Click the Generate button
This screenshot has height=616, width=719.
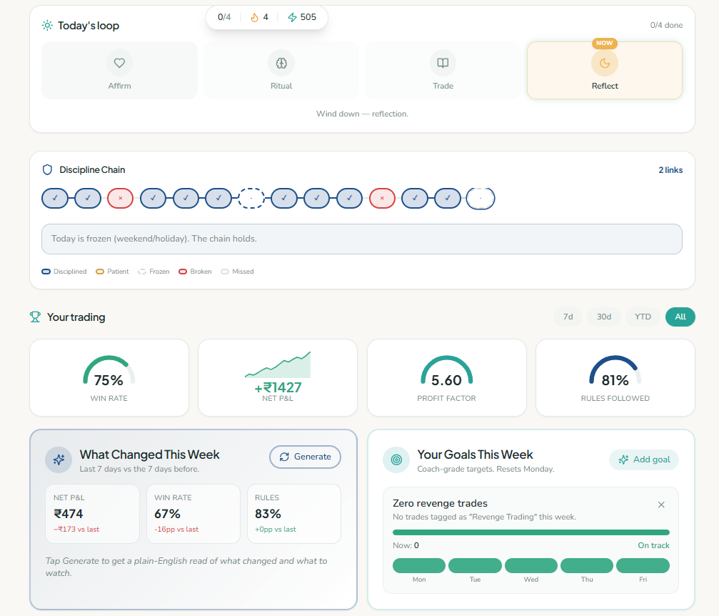[305, 457]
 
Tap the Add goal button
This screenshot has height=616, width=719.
[644, 459]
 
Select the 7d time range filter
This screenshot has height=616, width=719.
[568, 317]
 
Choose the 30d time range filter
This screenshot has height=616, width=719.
[604, 317]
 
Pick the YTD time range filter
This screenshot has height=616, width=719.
[643, 317]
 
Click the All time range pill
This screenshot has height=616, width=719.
[680, 317]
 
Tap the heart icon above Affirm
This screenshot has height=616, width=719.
[119, 63]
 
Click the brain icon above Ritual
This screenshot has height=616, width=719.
[281, 63]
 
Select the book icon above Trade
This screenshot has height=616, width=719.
[443, 63]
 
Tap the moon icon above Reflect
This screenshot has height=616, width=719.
[605, 63]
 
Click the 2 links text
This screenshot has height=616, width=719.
[670, 170]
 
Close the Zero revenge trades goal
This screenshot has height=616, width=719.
[661, 505]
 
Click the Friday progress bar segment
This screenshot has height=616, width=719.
[643, 565]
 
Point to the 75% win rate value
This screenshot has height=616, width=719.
[109, 380]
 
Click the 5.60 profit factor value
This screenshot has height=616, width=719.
[446, 380]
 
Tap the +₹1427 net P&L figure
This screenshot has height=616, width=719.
[278, 388]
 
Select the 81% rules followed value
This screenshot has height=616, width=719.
[615, 380]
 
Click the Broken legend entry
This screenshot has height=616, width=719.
[196, 272]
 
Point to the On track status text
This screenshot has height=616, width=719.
[653, 545]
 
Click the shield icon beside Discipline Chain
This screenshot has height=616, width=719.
[47, 170]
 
